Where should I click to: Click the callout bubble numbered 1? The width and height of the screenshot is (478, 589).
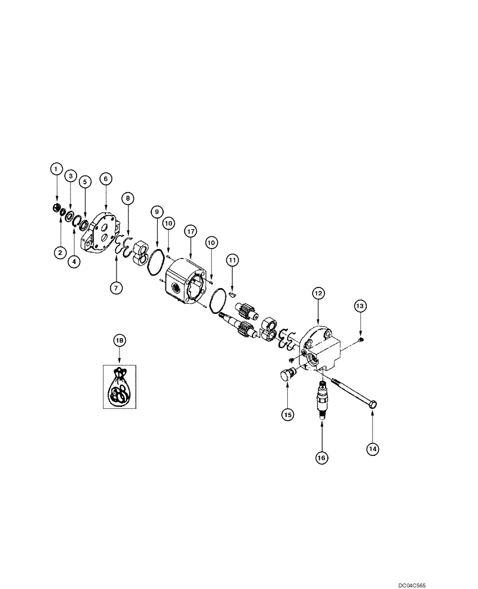click(x=57, y=169)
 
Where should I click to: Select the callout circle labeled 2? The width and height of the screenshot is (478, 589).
click(x=59, y=253)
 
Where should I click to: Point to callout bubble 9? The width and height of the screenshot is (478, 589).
click(x=157, y=211)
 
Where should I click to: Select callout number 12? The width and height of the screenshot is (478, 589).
click(x=318, y=293)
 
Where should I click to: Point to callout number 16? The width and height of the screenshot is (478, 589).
click(x=322, y=457)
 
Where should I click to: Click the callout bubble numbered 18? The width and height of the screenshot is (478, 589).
click(x=119, y=340)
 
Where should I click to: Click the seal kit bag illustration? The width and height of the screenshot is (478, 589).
click(x=120, y=387)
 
